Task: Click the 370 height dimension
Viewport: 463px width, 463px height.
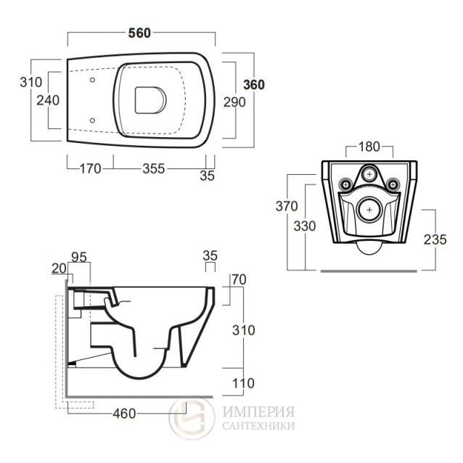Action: pos(286,206)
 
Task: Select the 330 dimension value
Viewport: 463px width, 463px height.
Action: pos(305,226)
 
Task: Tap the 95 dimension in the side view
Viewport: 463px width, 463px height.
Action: pos(79,255)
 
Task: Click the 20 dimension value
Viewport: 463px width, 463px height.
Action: pos(58,268)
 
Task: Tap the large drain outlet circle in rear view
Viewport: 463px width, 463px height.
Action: pos(370,210)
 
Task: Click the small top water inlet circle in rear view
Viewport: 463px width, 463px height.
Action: pos(370,174)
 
